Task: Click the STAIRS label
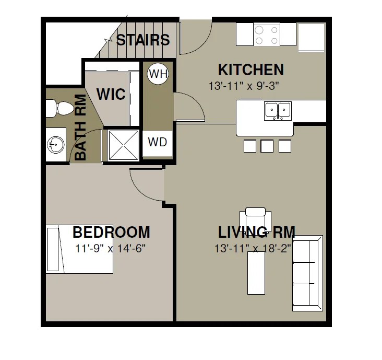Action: [x=143, y=40]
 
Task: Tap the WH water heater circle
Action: [x=158, y=74]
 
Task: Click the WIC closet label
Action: [x=111, y=94]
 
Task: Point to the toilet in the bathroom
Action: [x=60, y=108]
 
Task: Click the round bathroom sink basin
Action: [x=56, y=145]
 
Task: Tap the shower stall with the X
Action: [x=123, y=145]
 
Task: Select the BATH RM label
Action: [x=80, y=127]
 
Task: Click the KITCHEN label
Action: [x=251, y=70]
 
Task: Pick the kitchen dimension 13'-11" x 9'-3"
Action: [x=244, y=86]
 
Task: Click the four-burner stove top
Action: [x=267, y=35]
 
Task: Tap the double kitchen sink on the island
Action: [x=278, y=111]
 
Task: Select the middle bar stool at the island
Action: [x=267, y=146]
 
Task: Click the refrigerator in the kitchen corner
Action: [x=312, y=38]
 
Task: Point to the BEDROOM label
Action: [x=111, y=232]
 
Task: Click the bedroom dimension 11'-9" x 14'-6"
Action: [x=110, y=249]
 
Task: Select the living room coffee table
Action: [x=256, y=273]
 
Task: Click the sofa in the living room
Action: [x=308, y=273]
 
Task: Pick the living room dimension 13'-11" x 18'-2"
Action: [x=253, y=249]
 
